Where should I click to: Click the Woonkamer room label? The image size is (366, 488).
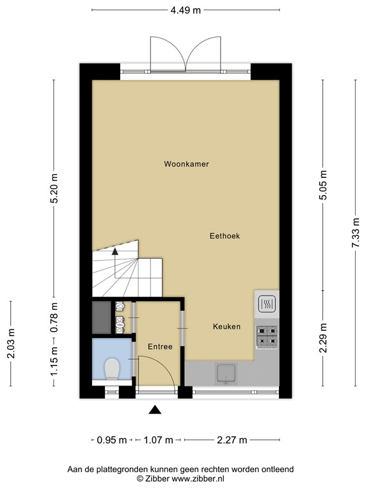[186, 164]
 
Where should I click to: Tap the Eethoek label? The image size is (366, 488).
[225, 236]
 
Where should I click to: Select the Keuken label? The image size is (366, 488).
[227, 327]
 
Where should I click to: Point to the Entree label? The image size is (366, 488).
[160, 347]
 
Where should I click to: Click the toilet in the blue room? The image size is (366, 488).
[112, 369]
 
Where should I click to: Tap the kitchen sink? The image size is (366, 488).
[226, 373]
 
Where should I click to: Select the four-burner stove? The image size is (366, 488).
[267, 337]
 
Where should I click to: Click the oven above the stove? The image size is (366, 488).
[267, 304]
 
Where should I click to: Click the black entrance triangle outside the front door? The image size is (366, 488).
[155, 410]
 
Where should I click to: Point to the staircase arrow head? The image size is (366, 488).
[115, 252]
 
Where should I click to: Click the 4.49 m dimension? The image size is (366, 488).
[186, 10]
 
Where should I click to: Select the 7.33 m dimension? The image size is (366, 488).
[356, 233]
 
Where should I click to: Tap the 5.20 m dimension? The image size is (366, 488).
[54, 187]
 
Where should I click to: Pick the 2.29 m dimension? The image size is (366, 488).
[323, 337]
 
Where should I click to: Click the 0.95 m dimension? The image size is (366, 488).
[112, 440]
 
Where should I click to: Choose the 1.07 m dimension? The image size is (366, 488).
[158, 440]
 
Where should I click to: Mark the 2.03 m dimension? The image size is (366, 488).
[11, 343]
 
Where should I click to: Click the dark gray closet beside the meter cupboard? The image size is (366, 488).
[102, 318]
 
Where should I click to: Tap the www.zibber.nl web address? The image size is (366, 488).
[198, 478]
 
